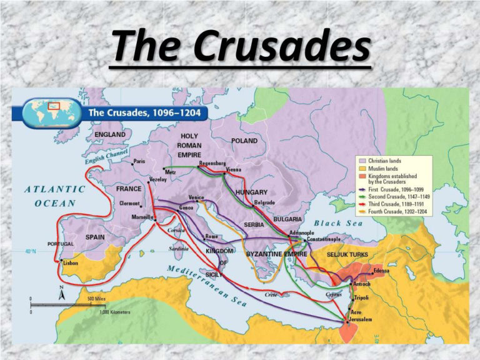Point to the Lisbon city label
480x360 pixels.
click(71, 264)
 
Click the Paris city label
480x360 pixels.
click(139, 161)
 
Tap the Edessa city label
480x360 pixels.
click(381, 271)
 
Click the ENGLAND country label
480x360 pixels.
click(109, 134)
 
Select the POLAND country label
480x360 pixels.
click(244, 141)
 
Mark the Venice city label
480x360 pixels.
click(196, 197)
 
